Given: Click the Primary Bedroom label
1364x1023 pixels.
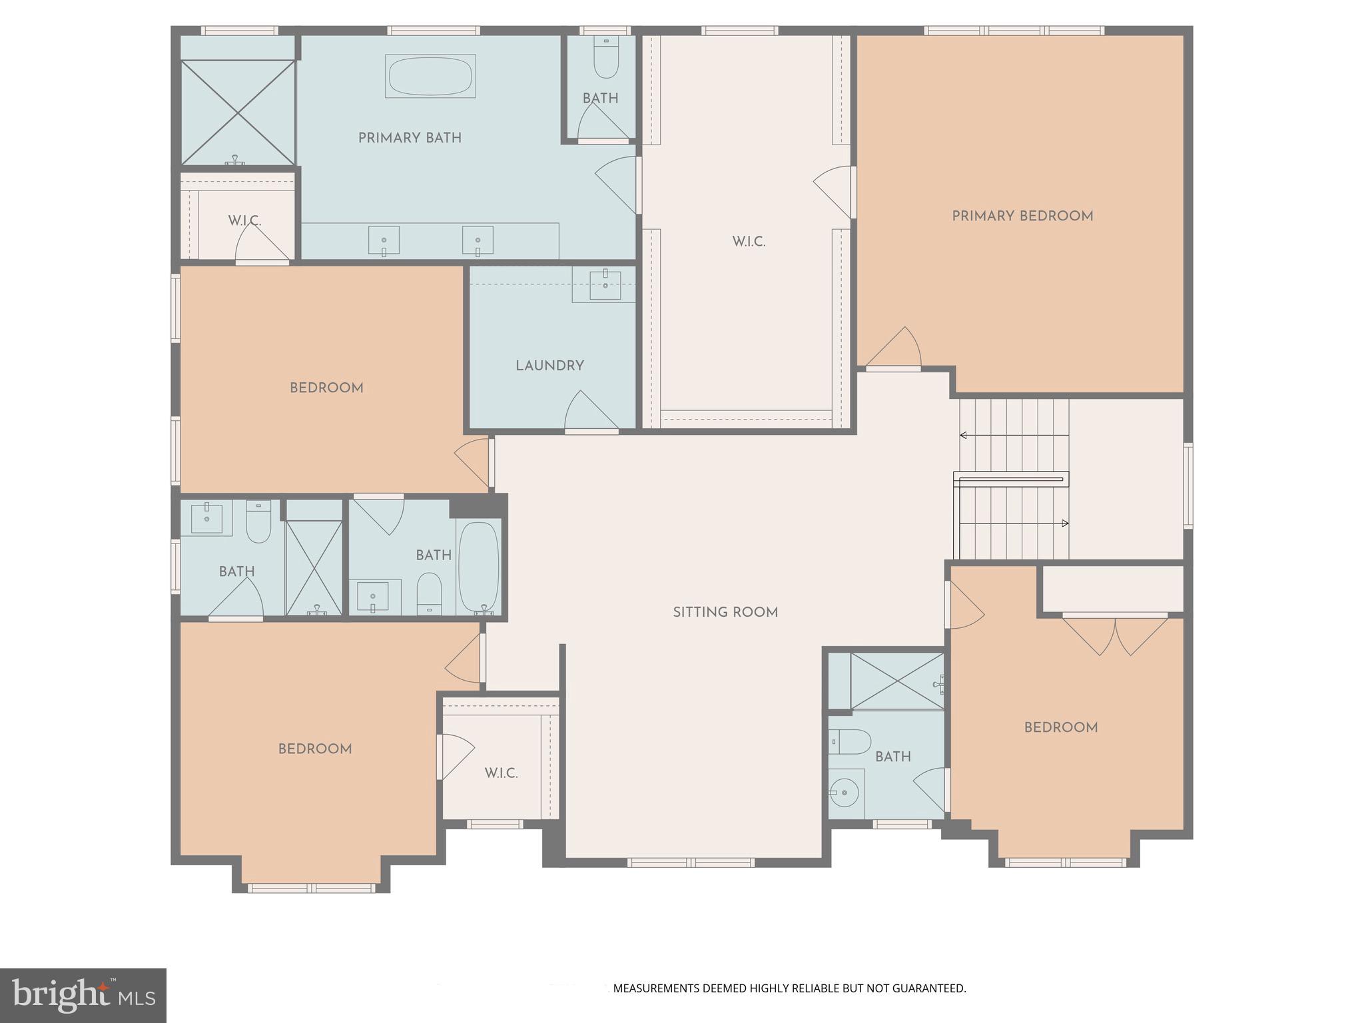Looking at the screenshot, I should [1022, 216].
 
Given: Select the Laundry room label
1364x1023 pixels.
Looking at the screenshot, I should [549, 366].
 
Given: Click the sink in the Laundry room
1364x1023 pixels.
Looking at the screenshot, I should [605, 285].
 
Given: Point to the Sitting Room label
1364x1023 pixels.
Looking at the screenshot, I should [725, 612].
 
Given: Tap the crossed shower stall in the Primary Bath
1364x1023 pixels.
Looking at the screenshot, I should [238, 112].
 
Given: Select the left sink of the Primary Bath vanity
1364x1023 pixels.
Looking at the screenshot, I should [384, 240].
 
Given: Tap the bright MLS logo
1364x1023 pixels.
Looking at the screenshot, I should [83, 995].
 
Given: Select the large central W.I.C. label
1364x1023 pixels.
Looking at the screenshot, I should [749, 242].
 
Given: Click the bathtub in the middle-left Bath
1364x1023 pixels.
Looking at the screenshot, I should [479, 567].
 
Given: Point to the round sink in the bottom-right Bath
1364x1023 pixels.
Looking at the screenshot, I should [844, 793].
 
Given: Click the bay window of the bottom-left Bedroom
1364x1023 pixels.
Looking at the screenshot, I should [312, 887].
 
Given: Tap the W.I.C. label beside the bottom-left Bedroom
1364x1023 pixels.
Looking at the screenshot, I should [501, 773].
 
